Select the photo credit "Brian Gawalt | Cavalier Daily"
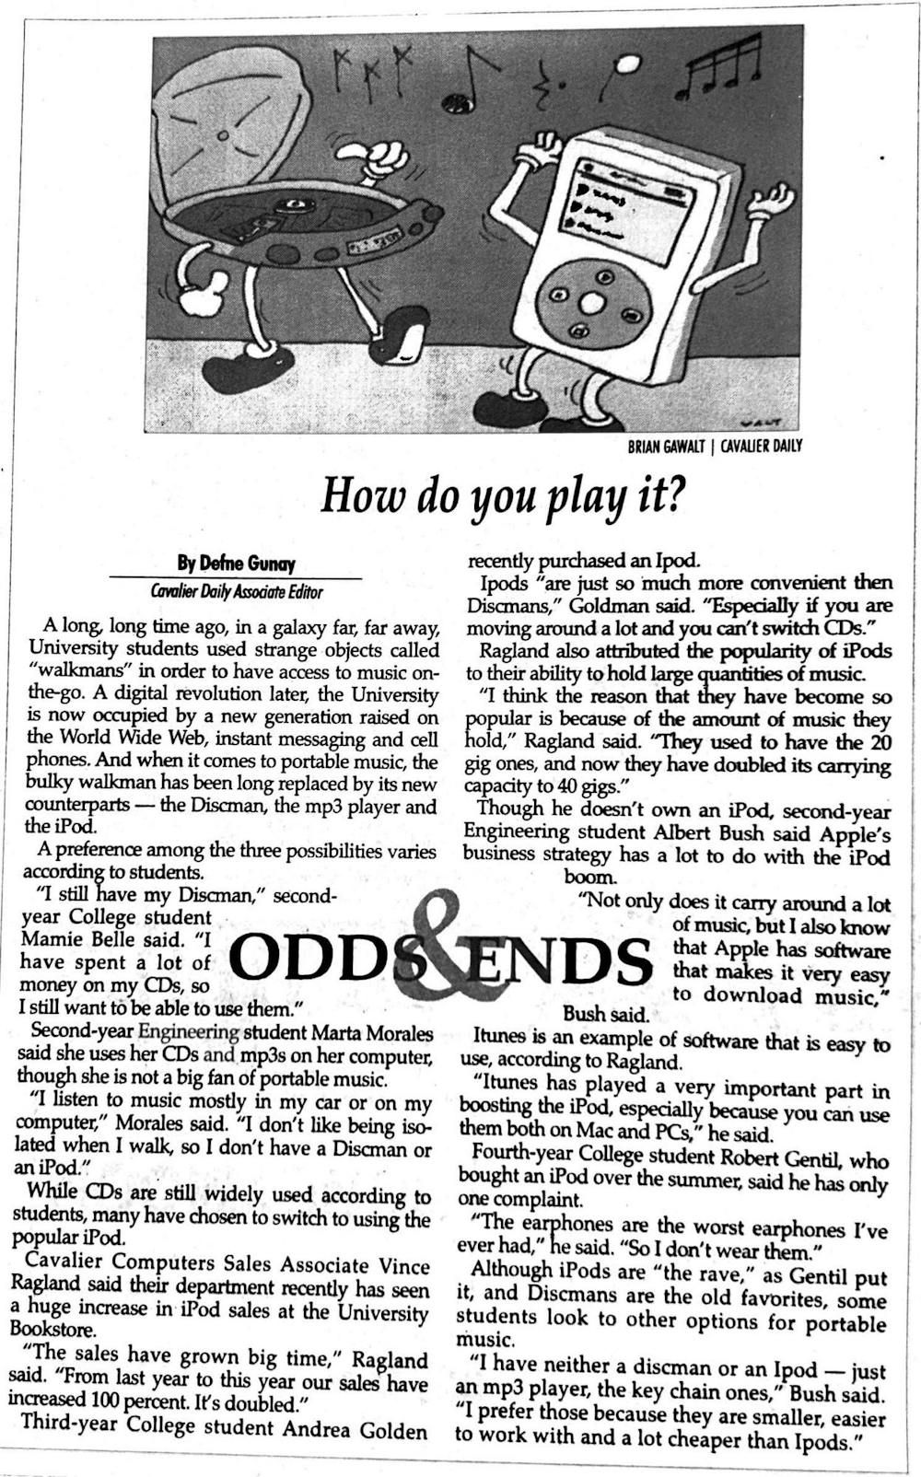pyautogui.click(x=715, y=447)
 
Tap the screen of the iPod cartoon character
pyautogui.click(x=629, y=203)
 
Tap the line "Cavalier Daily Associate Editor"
pyautogui.click(x=237, y=592)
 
